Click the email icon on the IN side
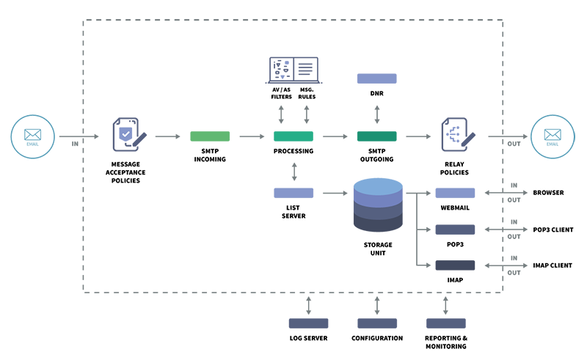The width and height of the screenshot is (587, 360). [x=32, y=136]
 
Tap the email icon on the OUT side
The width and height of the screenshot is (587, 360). [x=553, y=136]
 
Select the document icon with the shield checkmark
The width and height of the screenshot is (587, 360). [x=128, y=135]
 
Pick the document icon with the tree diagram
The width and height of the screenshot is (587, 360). [x=456, y=135]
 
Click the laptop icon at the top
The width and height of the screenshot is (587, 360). [x=293, y=70]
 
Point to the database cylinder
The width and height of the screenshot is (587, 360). [x=378, y=205]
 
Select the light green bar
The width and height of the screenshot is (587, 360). [x=210, y=136]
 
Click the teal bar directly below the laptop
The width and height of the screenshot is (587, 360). [x=293, y=136]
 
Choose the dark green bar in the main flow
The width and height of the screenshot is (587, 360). [x=376, y=136]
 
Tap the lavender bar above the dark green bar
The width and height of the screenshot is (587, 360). [x=376, y=78]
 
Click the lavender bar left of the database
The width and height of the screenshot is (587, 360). [x=293, y=193]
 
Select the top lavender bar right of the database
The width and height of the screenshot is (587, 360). [x=455, y=193]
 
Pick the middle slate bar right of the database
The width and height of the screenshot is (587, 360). [x=455, y=229]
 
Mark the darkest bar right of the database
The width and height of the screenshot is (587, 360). [x=455, y=265]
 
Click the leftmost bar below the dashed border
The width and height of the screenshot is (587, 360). [x=308, y=323]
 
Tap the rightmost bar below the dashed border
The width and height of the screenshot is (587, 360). [x=446, y=323]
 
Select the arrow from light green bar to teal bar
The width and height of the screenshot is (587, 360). [x=252, y=136]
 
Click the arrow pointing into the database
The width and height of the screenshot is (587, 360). [x=335, y=193]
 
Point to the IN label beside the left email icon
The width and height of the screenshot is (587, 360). [x=75, y=144]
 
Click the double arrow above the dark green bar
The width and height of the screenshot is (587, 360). [x=377, y=114]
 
